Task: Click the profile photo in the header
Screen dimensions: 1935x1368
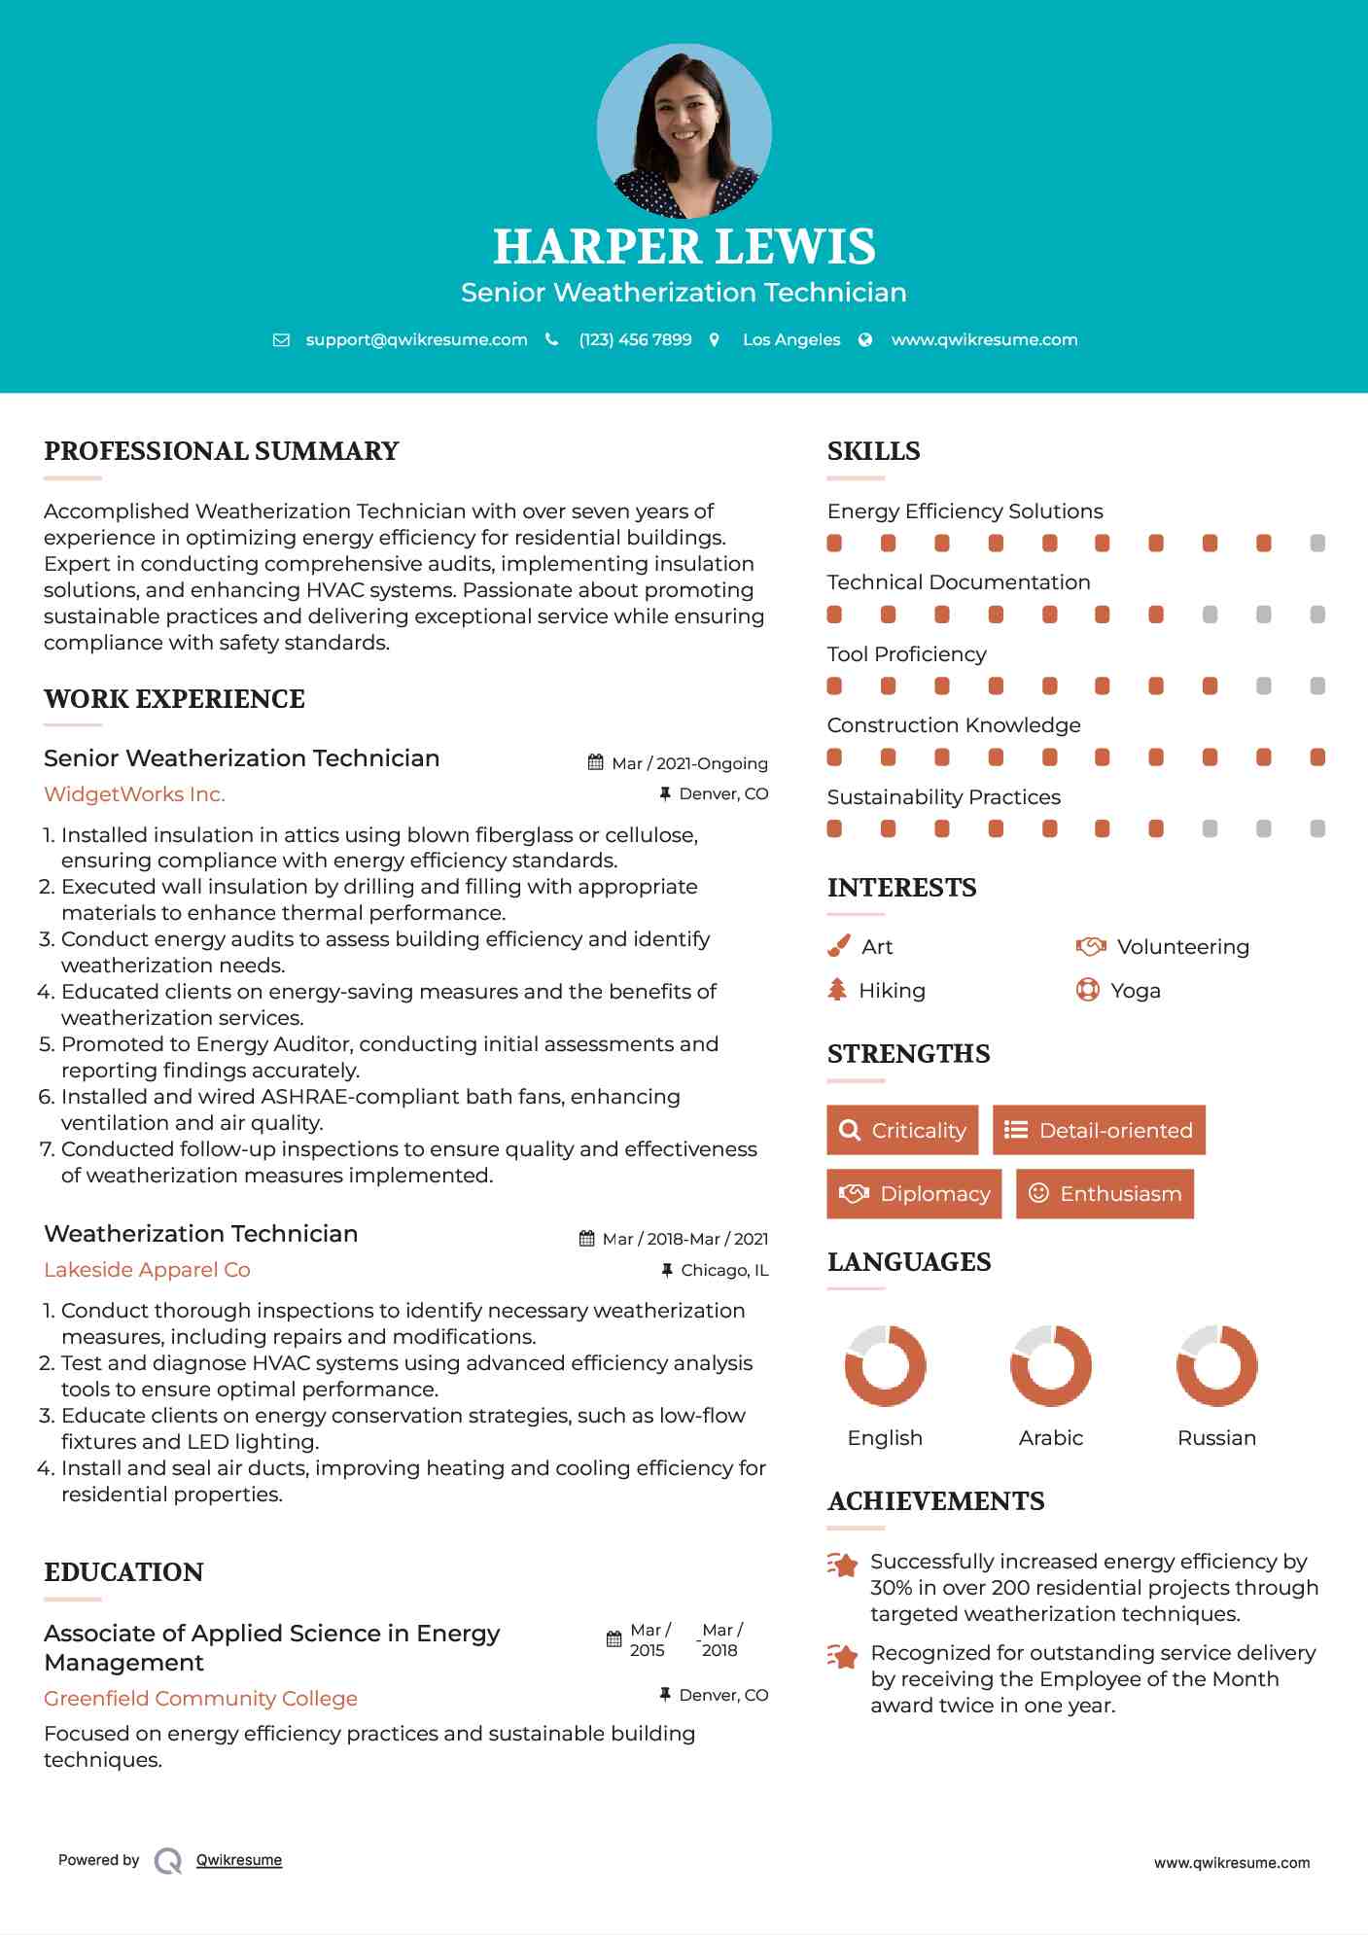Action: pyautogui.click(x=684, y=130)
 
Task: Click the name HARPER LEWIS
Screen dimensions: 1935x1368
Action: pyautogui.click(x=684, y=246)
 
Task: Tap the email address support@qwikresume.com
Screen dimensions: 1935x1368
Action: pyautogui.click(x=416, y=339)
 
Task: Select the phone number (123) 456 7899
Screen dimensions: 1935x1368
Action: pyautogui.click(x=635, y=339)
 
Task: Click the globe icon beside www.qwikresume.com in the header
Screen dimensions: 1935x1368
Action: pyautogui.click(x=865, y=339)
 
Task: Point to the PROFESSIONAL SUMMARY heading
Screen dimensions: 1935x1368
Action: pyautogui.click(x=222, y=451)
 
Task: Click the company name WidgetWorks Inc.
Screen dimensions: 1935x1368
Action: pyautogui.click(x=134, y=794)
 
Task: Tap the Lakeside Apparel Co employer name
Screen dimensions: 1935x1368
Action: pyautogui.click(x=147, y=1270)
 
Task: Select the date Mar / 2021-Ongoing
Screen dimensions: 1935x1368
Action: pyautogui.click(x=689, y=763)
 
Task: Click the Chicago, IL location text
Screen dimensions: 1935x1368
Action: pyautogui.click(x=724, y=1270)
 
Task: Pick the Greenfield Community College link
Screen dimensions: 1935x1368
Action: pyautogui.click(x=200, y=1699)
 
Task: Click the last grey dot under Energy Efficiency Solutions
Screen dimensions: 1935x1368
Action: pyautogui.click(x=1317, y=544)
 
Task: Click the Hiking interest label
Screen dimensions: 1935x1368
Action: pyautogui.click(x=892, y=991)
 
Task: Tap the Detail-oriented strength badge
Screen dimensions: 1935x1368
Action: pyautogui.click(x=1099, y=1130)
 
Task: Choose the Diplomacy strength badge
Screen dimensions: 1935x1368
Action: pyautogui.click(x=913, y=1194)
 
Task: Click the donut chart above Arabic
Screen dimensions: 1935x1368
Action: pyautogui.click(x=1050, y=1366)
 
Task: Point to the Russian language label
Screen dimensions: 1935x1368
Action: pyautogui.click(x=1216, y=1438)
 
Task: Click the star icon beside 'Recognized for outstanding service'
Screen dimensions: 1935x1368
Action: pyautogui.click(x=842, y=1655)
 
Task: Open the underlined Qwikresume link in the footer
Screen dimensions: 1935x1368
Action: pyautogui.click(x=239, y=1860)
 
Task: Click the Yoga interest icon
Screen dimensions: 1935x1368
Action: pyautogui.click(x=1087, y=991)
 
